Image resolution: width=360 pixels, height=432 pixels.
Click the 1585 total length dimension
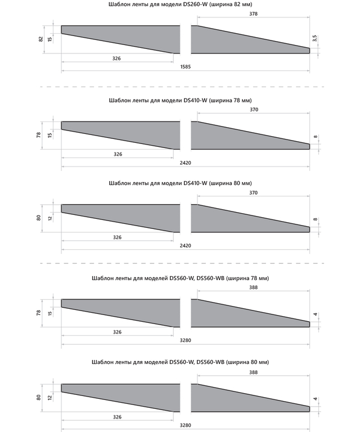click(185, 67)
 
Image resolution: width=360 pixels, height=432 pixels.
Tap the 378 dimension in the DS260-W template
click(253, 13)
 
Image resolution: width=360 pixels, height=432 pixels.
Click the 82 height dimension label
click(41, 39)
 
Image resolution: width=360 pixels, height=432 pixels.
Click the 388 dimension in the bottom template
click(253, 373)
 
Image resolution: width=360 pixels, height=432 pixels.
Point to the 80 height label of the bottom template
click(39, 397)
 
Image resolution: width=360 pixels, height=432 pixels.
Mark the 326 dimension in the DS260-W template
click(117, 58)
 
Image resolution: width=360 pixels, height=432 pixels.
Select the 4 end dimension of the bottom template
click(316, 399)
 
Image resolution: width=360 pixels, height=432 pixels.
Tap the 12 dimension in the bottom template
click(50, 397)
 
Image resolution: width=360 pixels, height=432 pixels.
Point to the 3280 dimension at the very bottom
click(185, 426)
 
